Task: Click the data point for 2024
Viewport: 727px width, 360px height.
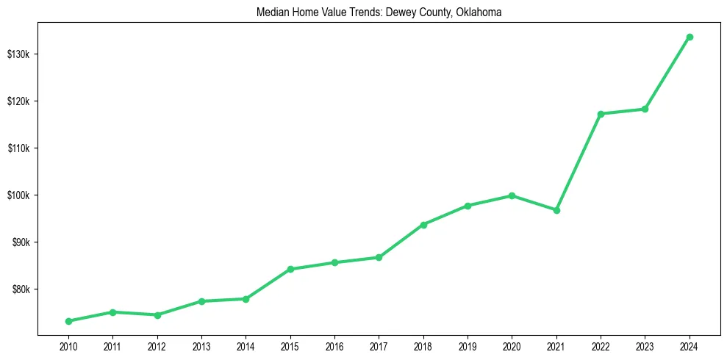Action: [x=690, y=37]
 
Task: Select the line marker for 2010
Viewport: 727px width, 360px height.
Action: [x=68, y=321]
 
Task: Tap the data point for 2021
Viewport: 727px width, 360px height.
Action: [x=556, y=210]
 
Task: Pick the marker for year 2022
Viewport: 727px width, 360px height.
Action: [x=601, y=114]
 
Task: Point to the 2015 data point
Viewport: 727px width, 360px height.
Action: [x=290, y=269]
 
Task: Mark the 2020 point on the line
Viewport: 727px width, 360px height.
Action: [x=512, y=195]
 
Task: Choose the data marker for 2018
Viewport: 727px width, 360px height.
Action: [x=423, y=224]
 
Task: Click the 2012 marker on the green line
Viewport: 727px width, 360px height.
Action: [x=157, y=315]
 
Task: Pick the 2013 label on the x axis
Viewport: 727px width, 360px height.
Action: [x=201, y=346]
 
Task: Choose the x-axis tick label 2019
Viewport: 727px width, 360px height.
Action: [x=468, y=346]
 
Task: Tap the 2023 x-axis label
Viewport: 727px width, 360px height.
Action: [x=645, y=346]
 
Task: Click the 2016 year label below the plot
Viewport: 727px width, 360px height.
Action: [x=334, y=346]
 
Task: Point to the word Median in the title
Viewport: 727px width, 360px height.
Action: [x=271, y=12]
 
